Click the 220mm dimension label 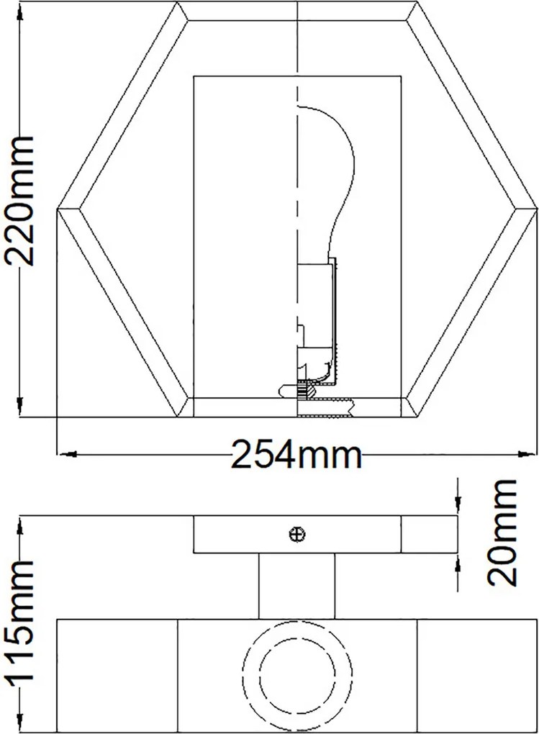tap(19, 201)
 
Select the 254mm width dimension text tap(297, 454)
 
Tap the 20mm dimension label tap(502, 533)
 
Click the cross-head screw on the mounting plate tap(297, 534)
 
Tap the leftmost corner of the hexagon tap(57, 209)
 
